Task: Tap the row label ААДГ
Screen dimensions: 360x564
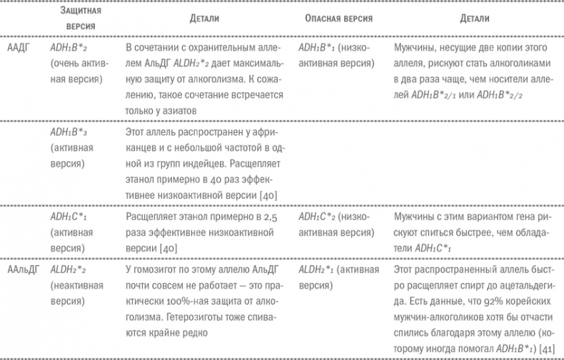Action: (16, 49)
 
